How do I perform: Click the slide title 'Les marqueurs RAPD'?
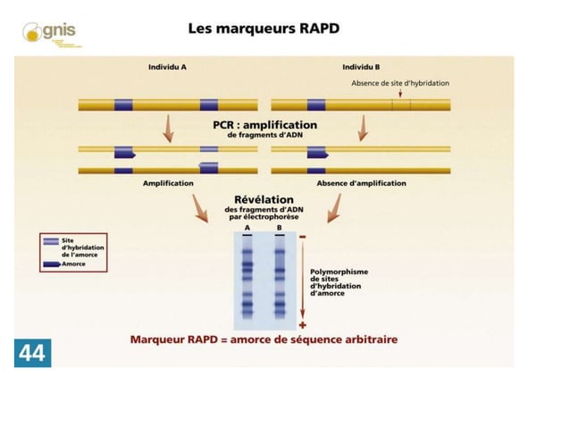(x=264, y=28)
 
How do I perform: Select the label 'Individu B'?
(x=361, y=67)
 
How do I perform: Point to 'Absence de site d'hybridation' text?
(x=399, y=83)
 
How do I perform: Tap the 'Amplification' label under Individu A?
(x=168, y=183)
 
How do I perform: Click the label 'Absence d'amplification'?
(x=361, y=183)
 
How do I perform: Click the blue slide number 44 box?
(x=30, y=353)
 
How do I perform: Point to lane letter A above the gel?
(x=247, y=228)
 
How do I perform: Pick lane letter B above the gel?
(x=280, y=228)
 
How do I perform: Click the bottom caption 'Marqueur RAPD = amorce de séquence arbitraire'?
(x=264, y=339)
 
